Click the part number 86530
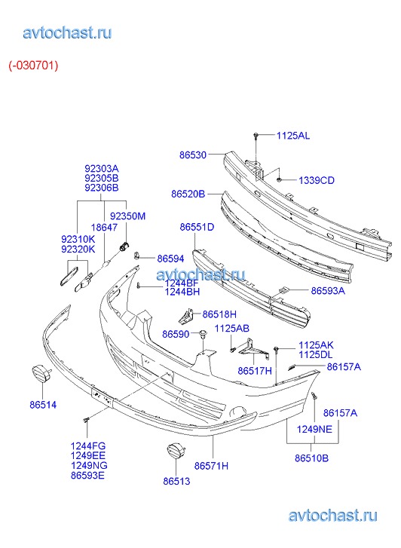(x=193, y=155)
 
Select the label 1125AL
(x=293, y=136)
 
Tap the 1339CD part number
(x=317, y=180)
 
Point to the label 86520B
(x=188, y=194)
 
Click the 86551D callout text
(x=197, y=227)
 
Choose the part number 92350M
(x=127, y=216)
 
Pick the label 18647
(x=104, y=228)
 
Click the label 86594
(x=170, y=259)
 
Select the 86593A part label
(x=328, y=291)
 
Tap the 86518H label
(x=219, y=314)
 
